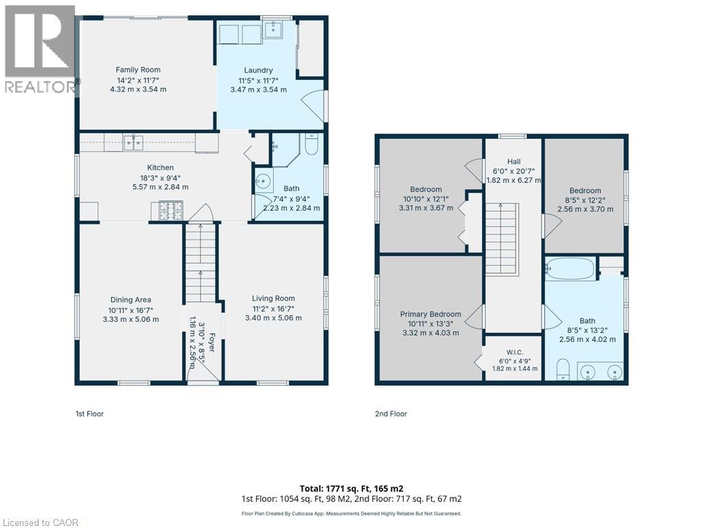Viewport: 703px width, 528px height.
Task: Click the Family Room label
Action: tap(138, 69)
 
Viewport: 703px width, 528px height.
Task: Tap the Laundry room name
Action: tap(258, 70)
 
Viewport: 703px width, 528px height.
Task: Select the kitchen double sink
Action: tap(133, 143)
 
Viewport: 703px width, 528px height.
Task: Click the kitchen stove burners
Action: tap(171, 211)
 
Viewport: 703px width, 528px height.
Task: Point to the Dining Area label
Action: tap(130, 300)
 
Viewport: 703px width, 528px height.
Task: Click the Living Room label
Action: tap(273, 298)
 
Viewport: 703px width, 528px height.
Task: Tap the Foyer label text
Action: tap(211, 342)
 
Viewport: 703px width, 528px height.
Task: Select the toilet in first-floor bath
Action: tap(311, 144)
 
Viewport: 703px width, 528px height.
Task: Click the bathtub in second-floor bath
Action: tap(571, 269)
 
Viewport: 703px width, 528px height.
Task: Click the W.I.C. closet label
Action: tap(515, 353)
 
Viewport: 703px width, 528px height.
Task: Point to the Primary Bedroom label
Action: tap(430, 314)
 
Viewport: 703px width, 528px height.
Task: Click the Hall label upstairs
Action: tap(514, 162)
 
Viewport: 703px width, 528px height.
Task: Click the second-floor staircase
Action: tap(501, 239)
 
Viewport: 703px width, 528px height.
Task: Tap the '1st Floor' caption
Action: tap(89, 414)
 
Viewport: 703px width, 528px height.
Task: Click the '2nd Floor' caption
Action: tap(391, 414)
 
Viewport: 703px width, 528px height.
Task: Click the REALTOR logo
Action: tap(41, 49)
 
